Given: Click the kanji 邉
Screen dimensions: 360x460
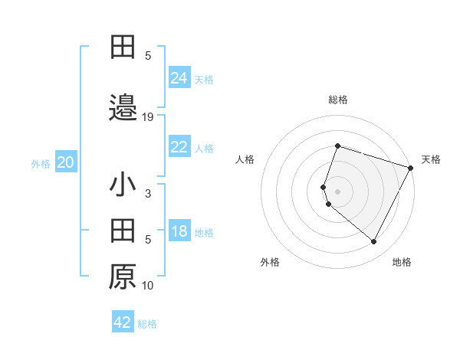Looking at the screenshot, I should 123,106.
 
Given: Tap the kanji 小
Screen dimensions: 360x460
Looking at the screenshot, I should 123,186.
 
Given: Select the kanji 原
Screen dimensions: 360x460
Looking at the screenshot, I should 123,277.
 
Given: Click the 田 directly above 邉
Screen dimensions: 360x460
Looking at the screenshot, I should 123,47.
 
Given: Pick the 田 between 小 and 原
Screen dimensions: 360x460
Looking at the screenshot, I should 123,231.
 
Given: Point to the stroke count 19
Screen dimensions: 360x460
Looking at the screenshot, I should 148,116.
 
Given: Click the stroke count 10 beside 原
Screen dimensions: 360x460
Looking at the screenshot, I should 148,286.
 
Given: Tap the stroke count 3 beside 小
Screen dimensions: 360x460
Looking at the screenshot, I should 148,195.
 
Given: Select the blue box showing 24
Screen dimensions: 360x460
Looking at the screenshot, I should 179,78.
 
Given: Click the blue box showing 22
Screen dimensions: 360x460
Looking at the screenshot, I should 179,147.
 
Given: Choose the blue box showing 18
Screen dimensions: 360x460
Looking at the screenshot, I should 179,232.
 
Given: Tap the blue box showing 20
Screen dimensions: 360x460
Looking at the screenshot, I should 66,163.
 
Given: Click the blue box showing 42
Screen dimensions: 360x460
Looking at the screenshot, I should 123,322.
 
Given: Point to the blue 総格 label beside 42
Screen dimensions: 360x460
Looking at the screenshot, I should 147,324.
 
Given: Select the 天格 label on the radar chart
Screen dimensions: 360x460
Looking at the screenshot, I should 431,159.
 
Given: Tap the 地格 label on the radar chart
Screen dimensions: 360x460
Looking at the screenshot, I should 402,262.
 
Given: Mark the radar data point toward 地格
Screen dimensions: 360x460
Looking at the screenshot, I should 373,242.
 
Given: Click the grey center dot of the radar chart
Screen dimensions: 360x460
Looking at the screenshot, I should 337,191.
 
